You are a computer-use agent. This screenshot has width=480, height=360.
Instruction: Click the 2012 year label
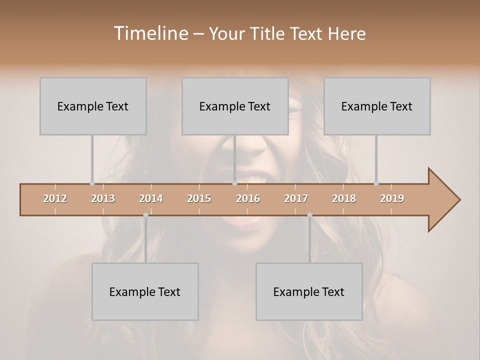pyautogui.click(x=55, y=198)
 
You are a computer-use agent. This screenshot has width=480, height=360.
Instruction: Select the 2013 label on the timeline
pyautogui.click(x=103, y=198)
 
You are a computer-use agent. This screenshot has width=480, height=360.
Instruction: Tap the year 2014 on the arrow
pyautogui.click(x=151, y=198)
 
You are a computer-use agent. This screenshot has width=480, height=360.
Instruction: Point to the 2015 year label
pyautogui.click(x=199, y=198)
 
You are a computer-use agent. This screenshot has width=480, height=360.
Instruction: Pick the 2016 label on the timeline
pyautogui.click(x=248, y=198)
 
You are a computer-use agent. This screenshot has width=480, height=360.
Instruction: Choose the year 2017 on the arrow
pyautogui.click(x=296, y=198)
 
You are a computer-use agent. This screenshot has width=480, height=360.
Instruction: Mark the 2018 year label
pyautogui.click(x=344, y=198)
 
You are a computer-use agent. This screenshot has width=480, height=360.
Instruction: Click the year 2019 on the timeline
pyautogui.click(x=392, y=198)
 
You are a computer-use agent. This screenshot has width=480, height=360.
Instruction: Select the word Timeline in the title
pyautogui.click(x=150, y=33)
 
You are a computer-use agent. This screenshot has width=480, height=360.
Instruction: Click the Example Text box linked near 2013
pyautogui.click(x=93, y=106)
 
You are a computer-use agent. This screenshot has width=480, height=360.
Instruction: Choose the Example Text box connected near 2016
pyautogui.click(x=235, y=106)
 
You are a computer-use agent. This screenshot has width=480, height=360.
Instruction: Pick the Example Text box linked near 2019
pyautogui.click(x=377, y=106)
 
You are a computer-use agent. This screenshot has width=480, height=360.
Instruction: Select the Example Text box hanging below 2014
pyautogui.click(x=145, y=291)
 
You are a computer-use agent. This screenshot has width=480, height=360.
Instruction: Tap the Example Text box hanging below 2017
pyautogui.click(x=309, y=291)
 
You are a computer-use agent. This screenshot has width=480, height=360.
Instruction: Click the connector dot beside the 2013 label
pyautogui.click(x=92, y=183)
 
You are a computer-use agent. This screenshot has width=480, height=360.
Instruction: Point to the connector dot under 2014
pyautogui.click(x=145, y=215)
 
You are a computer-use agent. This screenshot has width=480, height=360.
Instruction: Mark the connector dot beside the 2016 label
pyautogui.click(x=234, y=183)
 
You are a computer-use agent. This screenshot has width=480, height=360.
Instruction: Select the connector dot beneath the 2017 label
pyautogui.click(x=309, y=215)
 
